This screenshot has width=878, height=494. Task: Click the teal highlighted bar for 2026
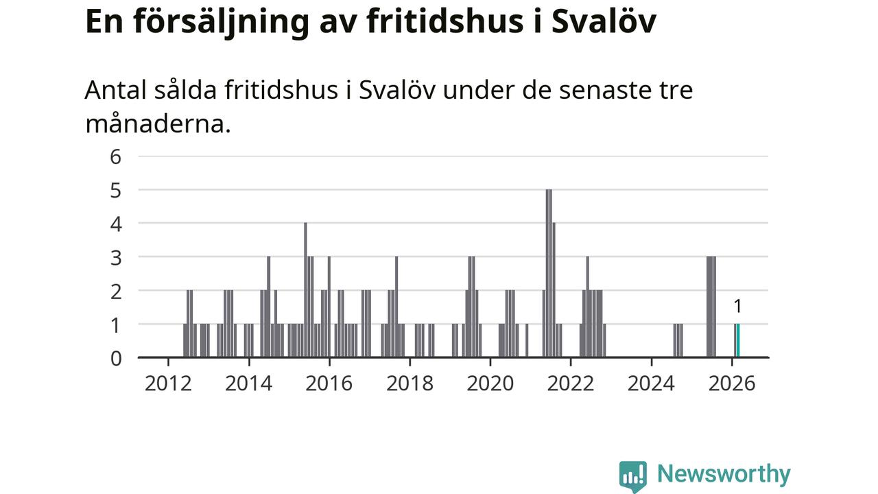tap(738, 340)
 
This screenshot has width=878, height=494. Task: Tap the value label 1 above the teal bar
tap(738, 307)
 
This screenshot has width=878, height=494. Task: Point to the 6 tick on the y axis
tap(115, 156)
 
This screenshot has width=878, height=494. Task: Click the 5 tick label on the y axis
tap(115, 190)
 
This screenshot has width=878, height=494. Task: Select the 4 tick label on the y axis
tap(115, 224)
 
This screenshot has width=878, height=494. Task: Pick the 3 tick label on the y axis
tap(115, 257)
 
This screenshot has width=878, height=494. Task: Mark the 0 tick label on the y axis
tap(115, 358)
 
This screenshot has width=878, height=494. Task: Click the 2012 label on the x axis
tap(168, 383)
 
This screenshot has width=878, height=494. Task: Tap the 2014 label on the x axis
tap(248, 383)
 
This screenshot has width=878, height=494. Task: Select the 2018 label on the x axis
tap(410, 383)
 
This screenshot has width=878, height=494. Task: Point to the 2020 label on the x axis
tap(490, 383)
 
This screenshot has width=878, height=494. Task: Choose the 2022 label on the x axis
tap(570, 383)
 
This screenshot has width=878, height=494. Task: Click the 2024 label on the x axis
tap(651, 383)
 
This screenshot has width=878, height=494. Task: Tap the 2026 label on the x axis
tap(731, 383)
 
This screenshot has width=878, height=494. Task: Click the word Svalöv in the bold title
tap(604, 21)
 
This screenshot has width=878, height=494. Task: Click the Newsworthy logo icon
tap(632, 475)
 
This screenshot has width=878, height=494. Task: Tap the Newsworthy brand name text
tap(723, 474)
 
